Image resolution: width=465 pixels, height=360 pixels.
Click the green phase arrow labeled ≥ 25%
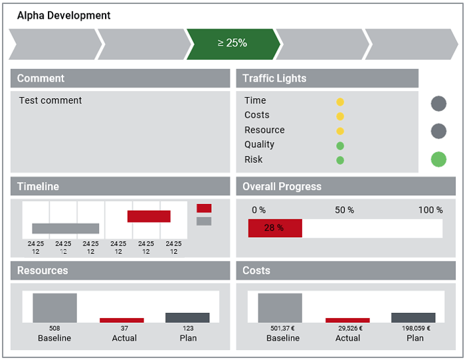(x=233, y=45)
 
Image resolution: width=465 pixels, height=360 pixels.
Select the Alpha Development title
(x=64, y=15)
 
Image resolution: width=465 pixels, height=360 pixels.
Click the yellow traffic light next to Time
(x=340, y=102)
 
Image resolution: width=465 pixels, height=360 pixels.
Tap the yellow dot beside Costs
(x=340, y=116)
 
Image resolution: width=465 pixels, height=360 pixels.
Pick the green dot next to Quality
(x=340, y=145)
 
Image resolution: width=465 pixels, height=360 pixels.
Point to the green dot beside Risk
(x=340, y=161)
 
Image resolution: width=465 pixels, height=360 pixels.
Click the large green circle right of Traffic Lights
(x=438, y=159)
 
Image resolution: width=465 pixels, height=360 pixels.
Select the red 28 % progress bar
(x=275, y=228)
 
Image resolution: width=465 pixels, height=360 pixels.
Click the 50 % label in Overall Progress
(x=344, y=210)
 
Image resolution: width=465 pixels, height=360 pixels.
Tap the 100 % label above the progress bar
(x=430, y=210)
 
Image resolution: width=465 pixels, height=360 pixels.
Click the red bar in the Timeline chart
(x=149, y=216)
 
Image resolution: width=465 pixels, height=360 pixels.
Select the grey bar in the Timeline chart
(x=66, y=228)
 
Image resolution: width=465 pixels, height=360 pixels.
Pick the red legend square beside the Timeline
(x=204, y=208)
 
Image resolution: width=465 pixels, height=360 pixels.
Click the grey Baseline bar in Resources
(x=55, y=308)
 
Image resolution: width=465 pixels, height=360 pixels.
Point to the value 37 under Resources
(x=124, y=328)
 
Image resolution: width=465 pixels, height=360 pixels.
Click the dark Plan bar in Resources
(x=187, y=317)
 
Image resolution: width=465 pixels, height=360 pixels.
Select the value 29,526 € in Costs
(x=350, y=328)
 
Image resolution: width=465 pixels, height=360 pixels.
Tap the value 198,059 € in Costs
(x=416, y=328)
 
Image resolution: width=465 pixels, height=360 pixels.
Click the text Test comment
(x=50, y=100)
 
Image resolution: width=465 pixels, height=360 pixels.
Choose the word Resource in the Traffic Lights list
(x=264, y=130)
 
